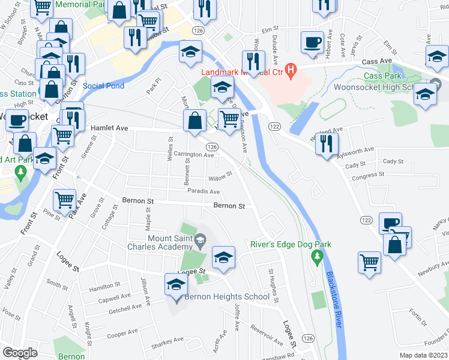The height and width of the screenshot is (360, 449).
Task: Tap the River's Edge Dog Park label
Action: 291,244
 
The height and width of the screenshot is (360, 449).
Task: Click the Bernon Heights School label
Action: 227,296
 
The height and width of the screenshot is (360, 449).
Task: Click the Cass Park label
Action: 382,76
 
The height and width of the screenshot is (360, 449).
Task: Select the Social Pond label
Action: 103,86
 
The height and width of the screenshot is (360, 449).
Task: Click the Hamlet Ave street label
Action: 109,128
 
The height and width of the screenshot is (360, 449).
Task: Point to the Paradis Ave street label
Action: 203,191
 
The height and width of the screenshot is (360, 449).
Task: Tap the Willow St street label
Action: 220,177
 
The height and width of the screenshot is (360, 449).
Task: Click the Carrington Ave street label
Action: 194,154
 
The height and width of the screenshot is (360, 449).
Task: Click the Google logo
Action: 20,353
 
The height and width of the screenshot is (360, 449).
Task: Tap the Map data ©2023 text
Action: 423,355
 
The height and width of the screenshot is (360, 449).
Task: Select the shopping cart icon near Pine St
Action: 65,199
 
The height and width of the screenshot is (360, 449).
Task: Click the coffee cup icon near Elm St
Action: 312,42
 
